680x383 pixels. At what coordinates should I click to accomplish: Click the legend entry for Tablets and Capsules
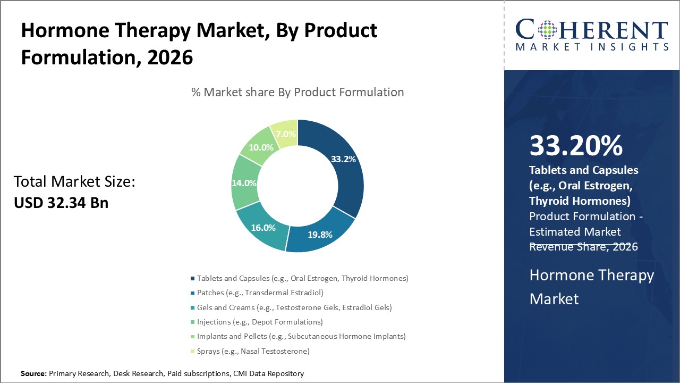coord(302,278)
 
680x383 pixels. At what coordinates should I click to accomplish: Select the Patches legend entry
coord(260,293)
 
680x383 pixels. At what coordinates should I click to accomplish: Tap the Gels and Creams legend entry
coord(294,307)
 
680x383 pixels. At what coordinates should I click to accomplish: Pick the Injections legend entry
coord(260,322)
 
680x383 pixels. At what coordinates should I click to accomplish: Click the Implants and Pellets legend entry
coord(301,336)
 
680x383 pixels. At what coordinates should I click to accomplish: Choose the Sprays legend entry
coord(253,351)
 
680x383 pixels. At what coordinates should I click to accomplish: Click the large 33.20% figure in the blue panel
coord(576,146)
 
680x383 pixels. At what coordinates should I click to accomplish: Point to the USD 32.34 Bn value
coord(61,203)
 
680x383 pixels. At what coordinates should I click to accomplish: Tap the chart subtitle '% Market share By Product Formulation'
coord(297,92)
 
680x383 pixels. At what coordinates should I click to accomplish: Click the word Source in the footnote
coord(33,374)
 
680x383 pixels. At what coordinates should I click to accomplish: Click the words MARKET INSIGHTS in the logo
coord(592,47)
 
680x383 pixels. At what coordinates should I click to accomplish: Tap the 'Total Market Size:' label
coord(74,182)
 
